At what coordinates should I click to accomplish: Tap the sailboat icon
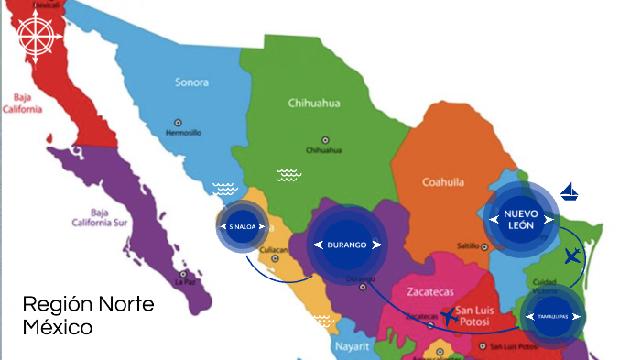tap(570, 191)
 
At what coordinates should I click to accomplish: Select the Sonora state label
tap(191, 82)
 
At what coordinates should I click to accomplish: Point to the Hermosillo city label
tap(182, 132)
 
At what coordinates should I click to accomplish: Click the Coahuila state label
tap(444, 182)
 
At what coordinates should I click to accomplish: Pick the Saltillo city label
tap(469, 245)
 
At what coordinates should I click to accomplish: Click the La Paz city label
tap(188, 282)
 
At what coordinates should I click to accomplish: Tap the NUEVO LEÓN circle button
tap(518, 218)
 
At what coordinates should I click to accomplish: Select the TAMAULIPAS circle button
tap(552, 316)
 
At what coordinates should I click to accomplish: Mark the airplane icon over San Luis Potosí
tap(449, 317)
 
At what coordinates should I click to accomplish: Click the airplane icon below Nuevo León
tap(572, 256)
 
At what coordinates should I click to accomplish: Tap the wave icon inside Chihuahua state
tap(288, 174)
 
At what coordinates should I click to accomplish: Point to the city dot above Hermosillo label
tap(178, 121)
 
